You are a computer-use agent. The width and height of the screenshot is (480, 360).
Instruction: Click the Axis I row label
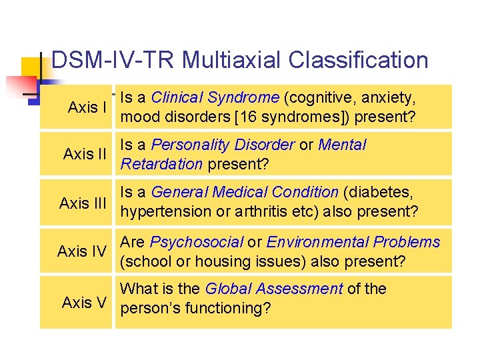(88, 107)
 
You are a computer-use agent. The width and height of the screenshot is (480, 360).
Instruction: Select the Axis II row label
(85, 155)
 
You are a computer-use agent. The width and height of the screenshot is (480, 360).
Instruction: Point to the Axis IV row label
(82, 251)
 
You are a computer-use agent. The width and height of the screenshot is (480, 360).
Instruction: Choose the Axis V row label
(84, 303)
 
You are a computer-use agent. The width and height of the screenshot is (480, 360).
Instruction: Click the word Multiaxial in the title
(233, 61)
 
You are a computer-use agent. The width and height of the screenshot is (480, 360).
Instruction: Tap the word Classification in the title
(358, 61)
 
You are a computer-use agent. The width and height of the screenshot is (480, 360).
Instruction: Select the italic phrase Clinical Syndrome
(215, 97)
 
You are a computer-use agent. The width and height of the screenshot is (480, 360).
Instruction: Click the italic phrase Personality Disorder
(223, 145)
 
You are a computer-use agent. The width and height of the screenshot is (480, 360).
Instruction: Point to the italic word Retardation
(161, 164)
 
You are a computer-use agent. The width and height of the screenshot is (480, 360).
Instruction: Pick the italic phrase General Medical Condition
(245, 193)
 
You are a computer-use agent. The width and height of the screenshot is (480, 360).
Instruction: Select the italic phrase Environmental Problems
(353, 242)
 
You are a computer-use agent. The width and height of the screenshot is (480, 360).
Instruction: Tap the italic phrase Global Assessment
(273, 289)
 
